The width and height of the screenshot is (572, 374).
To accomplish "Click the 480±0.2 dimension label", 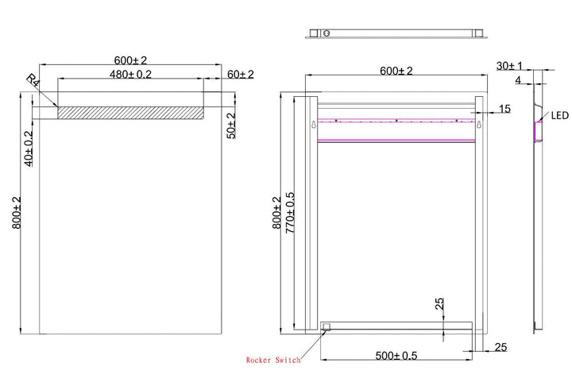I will coord(130,74).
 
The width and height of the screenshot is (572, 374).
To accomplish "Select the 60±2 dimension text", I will coord(240,74).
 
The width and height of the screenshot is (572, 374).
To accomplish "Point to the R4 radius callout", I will coord(33,80).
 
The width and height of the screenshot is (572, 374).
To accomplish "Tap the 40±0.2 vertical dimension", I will coord(29,148).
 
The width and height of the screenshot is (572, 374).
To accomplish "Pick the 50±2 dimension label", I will coord(231,125).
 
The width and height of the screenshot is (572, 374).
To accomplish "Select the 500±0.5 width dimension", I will coord(398,355).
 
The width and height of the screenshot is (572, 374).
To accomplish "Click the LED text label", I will coord(560,116).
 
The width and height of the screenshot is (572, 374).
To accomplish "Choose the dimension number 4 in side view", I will coord(517,80).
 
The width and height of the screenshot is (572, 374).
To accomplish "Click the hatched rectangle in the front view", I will coord(129,113).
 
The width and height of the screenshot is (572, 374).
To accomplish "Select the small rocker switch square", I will coord(326,326).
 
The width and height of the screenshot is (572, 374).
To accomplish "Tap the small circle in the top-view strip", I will coord(327,33).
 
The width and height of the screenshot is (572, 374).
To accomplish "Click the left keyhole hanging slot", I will coord(315,125).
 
